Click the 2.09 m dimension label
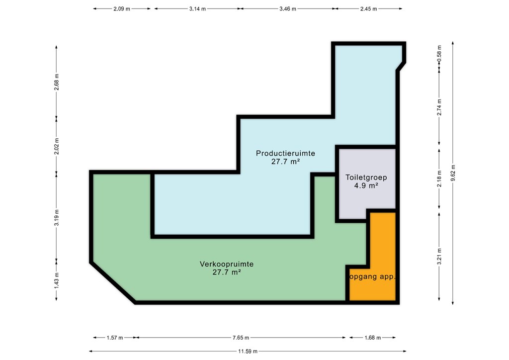[x=122, y=9]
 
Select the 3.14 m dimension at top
[x=197, y=9]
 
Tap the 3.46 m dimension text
[x=288, y=9]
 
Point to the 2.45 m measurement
[x=368, y=9]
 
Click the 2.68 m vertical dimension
[x=57, y=82]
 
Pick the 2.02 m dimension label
[x=57, y=146]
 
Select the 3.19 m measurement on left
[x=57, y=217]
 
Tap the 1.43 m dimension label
[x=57, y=280]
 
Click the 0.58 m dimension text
[x=439, y=52]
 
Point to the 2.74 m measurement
[x=439, y=107]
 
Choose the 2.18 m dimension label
[x=439, y=179]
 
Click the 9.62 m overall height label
[x=453, y=173]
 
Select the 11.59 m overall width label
[x=248, y=351]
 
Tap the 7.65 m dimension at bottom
[x=241, y=338]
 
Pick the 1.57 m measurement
[x=115, y=338]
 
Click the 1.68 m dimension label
[x=372, y=338]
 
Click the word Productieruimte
[x=285, y=153]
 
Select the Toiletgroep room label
[x=366, y=178]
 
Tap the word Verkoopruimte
[x=227, y=264]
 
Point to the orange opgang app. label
[x=372, y=277]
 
